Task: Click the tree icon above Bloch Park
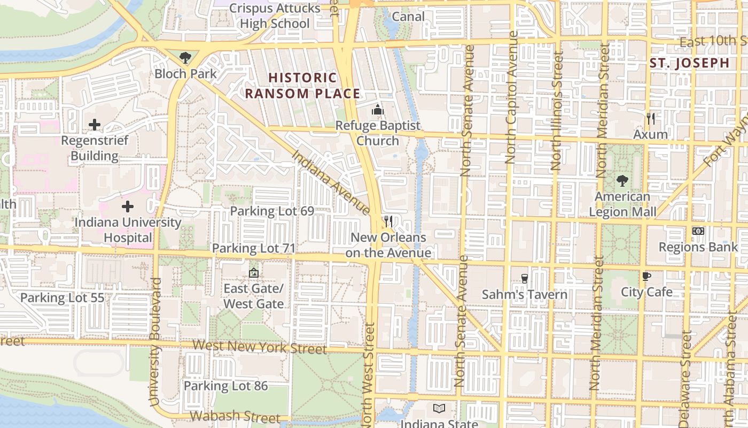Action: (185, 57)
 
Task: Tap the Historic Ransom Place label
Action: (302, 86)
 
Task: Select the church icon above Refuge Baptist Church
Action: (378, 110)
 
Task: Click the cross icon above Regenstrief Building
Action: (95, 125)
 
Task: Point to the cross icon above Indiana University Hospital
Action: (128, 207)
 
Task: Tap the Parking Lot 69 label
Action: (272, 211)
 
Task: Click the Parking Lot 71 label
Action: (254, 248)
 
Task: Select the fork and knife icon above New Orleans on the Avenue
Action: (388, 221)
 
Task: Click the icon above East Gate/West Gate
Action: (254, 273)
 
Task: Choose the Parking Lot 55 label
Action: (62, 298)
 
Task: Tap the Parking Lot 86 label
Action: (225, 386)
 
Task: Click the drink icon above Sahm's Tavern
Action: (525, 278)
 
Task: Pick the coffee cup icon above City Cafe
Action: (646, 276)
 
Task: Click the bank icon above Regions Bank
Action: (698, 231)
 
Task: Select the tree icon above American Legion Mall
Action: (622, 181)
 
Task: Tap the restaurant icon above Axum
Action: (650, 118)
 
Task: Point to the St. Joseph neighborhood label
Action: (690, 63)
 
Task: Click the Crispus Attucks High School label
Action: (275, 16)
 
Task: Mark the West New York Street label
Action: (260, 347)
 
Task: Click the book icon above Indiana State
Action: (439, 409)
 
